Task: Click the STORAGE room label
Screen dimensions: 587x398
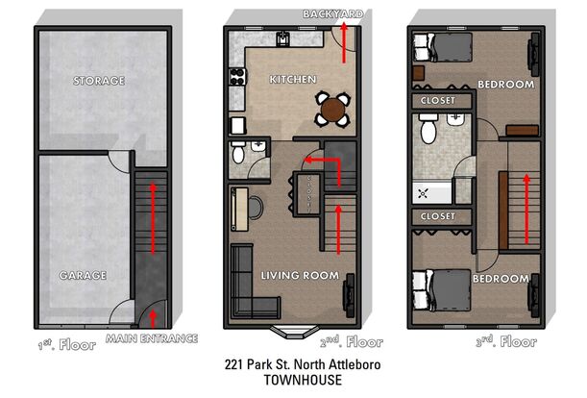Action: point(99,81)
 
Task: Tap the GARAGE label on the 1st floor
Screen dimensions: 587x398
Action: point(83,276)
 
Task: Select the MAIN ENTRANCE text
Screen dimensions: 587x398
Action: point(152,338)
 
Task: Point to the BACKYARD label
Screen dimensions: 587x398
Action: point(332,14)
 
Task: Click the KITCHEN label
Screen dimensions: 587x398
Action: point(293,80)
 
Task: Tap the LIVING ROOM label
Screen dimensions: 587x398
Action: point(300,276)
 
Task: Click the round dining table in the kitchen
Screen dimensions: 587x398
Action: point(332,110)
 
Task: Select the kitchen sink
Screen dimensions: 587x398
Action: point(283,38)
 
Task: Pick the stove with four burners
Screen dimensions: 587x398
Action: point(237,77)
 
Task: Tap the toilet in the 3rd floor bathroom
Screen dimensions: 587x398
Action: point(428,129)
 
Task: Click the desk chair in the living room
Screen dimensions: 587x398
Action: point(256,207)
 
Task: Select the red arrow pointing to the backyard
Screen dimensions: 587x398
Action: point(344,43)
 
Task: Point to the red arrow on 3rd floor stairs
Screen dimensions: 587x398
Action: point(526,209)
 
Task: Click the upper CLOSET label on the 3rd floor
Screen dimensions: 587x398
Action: point(438,100)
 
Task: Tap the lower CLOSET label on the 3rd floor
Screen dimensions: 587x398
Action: point(438,216)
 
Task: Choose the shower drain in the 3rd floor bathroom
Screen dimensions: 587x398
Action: point(424,194)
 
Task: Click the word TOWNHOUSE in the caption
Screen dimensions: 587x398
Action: point(303,380)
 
